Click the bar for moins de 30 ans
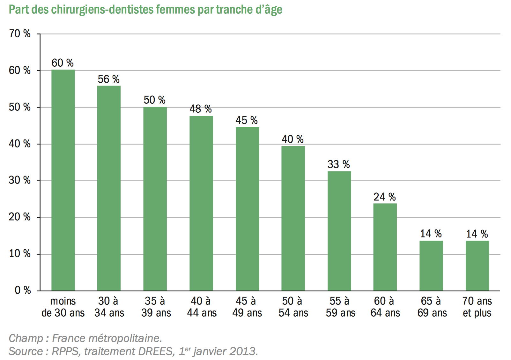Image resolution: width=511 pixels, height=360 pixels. click(x=63, y=180)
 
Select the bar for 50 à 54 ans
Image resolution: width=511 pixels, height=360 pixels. click(x=293, y=219)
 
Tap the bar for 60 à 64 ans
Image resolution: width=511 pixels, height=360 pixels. click(x=385, y=247)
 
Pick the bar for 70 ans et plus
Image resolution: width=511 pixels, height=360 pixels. click(x=477, y=266)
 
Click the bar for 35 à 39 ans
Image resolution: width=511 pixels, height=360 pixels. click(x=155, y=199)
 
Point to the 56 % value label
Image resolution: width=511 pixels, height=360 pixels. click(x=108, y=79)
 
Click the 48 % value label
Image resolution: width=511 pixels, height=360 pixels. click(x=201, y=109)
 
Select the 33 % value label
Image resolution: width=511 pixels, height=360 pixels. click(x=339, y=164)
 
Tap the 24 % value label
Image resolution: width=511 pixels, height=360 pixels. click(x=385, y=197)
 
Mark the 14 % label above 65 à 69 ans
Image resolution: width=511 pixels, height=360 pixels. click(x=431, y=234)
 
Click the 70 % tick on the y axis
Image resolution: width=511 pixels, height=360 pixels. click(x=20, y=34)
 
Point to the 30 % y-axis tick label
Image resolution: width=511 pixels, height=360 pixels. click(x=20, y=180)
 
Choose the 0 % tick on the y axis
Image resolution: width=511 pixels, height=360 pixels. click(x=23, y=290)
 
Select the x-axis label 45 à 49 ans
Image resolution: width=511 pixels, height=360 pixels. click(x=247, y=307)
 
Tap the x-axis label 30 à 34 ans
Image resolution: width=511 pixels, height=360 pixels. click(x=109, y=307)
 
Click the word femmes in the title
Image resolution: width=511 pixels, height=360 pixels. click(x=176, y=10)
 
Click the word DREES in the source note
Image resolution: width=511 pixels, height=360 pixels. click(x=156, y=351)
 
